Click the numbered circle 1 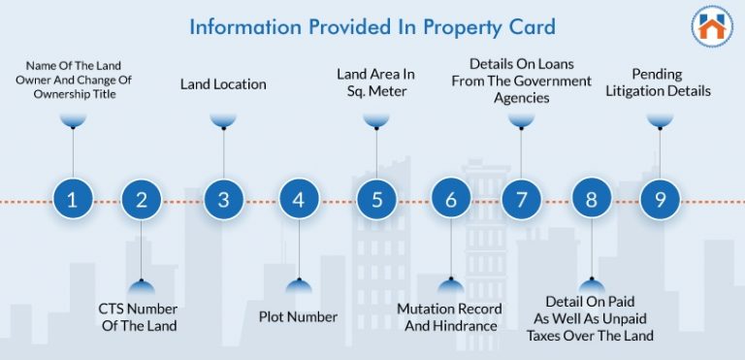[x=73, y=201]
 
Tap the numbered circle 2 [x=142, y=201]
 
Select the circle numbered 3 [x=223, y=201]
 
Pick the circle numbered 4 [x=299, y=201]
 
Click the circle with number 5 [x=375, y=201]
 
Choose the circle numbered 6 [x=450, y=201]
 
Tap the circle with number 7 [x=521, y=201]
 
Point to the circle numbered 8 [x=591, y=201]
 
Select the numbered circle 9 [x=660, y=201]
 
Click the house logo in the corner [x=712, y=27]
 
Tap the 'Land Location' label [x=223, y=84]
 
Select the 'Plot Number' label [x=298, y=316]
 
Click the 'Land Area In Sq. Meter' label [x=375, y=82]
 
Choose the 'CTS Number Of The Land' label [x=140, y=317]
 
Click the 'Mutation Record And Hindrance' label [x=449, y=317]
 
